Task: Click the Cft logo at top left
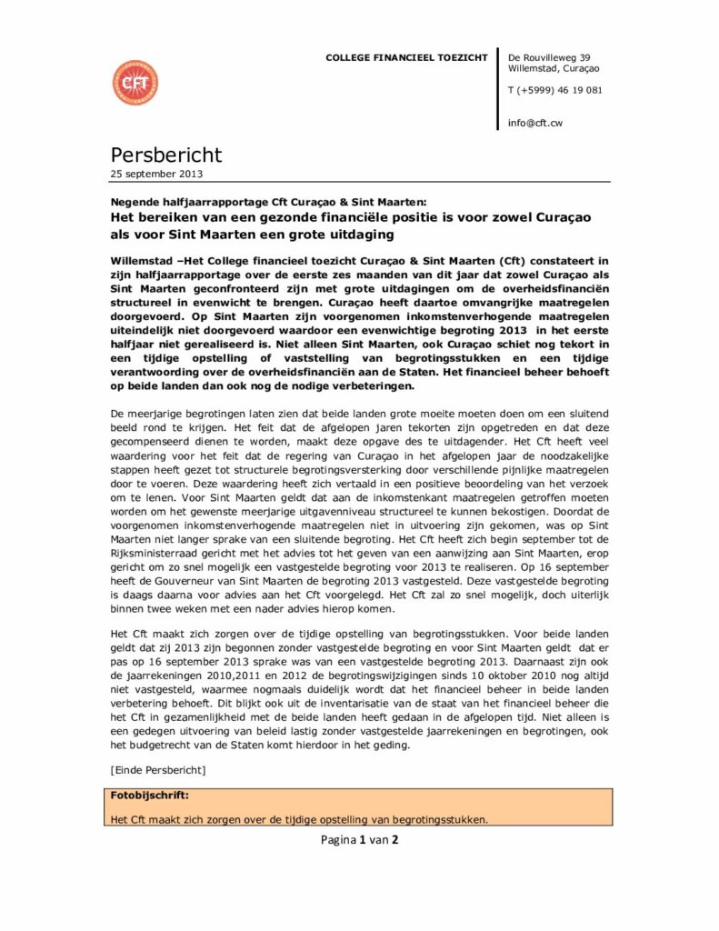click(135, 83)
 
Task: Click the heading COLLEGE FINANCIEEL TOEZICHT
click(406, 58)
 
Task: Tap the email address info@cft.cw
click(534, 122)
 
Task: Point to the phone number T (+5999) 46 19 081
click(554, 90)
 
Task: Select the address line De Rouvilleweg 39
click(549, 57)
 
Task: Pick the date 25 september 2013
click(157, 174)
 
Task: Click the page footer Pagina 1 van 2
click(359, 839)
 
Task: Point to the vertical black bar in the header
click(498, 88)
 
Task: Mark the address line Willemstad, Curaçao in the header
click(554, 68)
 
